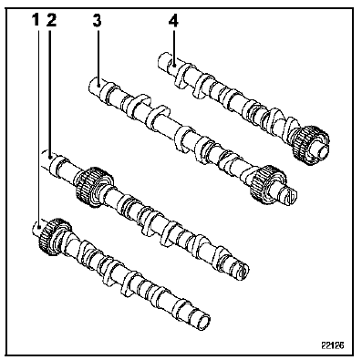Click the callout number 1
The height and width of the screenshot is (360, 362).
click(x=36, y=20)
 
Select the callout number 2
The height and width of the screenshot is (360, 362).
click(x=51, y=20)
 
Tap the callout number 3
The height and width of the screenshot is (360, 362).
click(x=98, y=20)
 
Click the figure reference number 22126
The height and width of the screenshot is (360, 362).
click(x=333, y=345)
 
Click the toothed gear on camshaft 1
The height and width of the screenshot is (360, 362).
click(x=53, y=235)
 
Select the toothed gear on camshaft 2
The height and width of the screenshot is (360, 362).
click(x=93, y=187)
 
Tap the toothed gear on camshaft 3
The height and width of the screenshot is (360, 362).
click(x=266, y=184)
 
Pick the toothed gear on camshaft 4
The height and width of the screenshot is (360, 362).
click(x=309, y=144)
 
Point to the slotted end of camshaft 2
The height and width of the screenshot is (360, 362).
click(x=241, y=270)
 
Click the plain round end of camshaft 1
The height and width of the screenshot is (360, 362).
click(x=202, y=321)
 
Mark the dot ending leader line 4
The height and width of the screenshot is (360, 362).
click(x=174, y=65)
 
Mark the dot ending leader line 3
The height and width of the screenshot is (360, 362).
click(x=98, y=86)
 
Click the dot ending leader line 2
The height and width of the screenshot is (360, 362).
click(x=50, y=157)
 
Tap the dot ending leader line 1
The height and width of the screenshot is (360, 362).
click(x=38, y=226)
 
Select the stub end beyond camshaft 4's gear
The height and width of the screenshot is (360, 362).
click(x=322, y=151)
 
